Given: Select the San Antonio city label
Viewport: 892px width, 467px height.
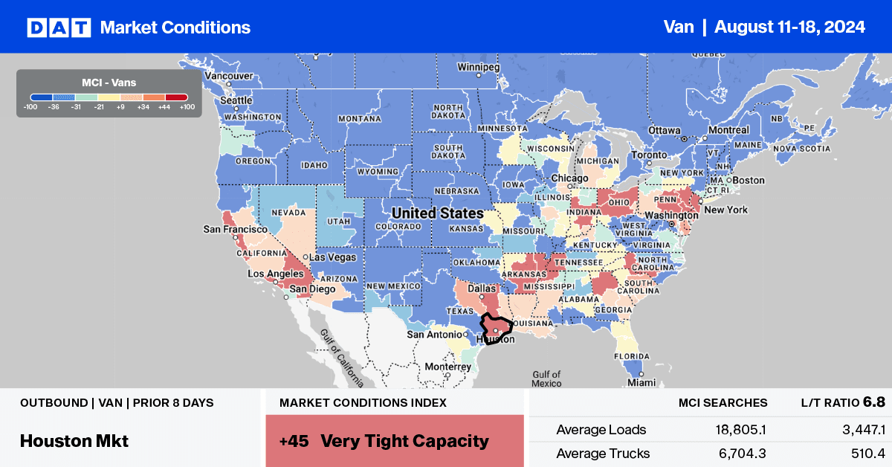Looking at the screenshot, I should click(433, 335).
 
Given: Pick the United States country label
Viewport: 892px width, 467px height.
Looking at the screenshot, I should click(437, 213).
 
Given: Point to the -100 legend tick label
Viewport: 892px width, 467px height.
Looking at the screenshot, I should click(30, 106).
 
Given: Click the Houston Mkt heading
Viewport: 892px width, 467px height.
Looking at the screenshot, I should click(74, 440).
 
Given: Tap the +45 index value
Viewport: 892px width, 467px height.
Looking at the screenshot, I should click(292, 440).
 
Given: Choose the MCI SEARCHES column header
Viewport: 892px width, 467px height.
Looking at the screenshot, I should click(723, 403).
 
